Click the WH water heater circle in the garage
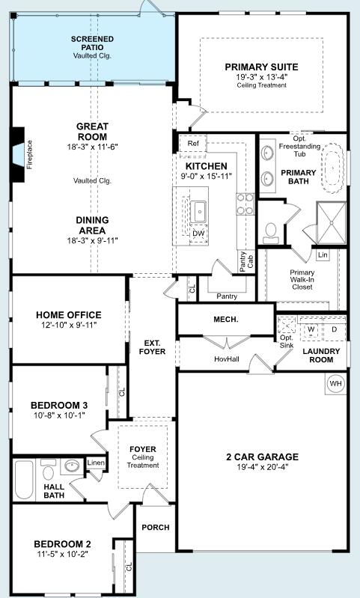(336, 383)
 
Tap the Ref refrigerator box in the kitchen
(193, 144)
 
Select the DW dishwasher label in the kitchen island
(198, 234)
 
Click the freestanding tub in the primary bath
(334, 168)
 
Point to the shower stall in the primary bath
(332, 223)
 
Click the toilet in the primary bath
(271, 233)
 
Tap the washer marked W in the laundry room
(311, 329)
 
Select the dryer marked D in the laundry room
(335, 329)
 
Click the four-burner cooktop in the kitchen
(245, 204)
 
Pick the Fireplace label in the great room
(29, 154)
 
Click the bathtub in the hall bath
(24, 480)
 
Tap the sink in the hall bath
(71, 466)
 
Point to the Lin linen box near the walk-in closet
(323, 254)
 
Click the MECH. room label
(226, 320)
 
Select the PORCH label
(156, 528)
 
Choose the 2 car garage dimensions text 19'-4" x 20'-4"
(263, 467)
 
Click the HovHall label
(227, 359)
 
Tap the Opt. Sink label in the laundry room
(287, 342)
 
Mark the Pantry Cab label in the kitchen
(247, 262)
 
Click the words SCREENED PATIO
(92, 43)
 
